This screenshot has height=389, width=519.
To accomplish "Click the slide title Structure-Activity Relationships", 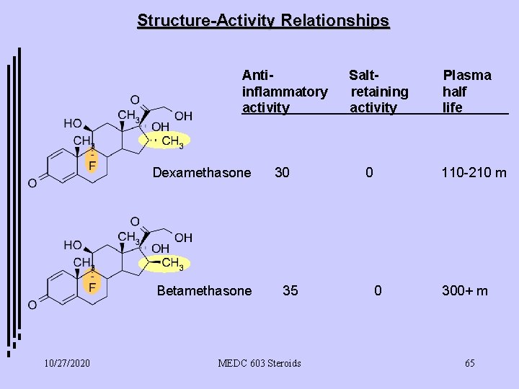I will (x=263, y=20).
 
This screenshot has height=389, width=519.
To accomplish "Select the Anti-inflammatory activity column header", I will (x=284, y=91).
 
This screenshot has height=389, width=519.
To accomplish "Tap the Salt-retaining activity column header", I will (x=378, y=91).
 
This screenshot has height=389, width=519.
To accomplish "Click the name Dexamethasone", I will (x=202, y=173).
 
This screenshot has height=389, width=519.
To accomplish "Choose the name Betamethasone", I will (x=205, y=291).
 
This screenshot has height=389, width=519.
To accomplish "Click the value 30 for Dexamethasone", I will (x=283, y=173).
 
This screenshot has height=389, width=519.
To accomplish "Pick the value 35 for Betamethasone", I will (x=290, y=291).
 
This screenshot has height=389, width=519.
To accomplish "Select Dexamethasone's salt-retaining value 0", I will (x=369, y=173).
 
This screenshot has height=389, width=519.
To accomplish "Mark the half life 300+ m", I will (x=465, y=291).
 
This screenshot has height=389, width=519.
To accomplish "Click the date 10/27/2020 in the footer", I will (x=66, y=362).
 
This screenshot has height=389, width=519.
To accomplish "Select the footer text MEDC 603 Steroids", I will (x=259, y=362).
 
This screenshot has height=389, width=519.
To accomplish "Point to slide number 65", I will (x=469, y=362).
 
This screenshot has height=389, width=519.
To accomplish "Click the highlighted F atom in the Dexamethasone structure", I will (x=92, y=165).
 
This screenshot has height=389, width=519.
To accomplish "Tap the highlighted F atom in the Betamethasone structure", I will (x=92, y=286).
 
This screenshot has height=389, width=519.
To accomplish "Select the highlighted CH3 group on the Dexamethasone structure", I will (x=169, y=141).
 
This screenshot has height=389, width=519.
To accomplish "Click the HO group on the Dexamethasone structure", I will (x=72, y=123).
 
